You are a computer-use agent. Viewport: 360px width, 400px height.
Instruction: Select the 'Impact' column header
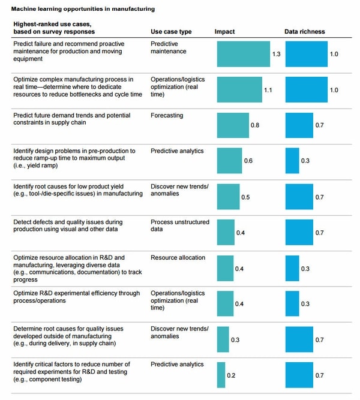[225, 31]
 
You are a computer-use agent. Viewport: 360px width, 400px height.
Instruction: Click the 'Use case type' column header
[171, 31]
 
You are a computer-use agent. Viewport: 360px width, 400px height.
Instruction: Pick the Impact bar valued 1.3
[243, 54]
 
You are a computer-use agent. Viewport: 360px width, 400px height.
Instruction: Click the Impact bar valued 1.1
[239, 89]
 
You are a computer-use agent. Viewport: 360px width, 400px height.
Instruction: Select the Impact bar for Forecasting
[233, 125]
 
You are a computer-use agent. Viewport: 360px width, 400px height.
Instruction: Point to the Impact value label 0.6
[248, 161]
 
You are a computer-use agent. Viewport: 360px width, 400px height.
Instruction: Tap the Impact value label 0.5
[245, 197]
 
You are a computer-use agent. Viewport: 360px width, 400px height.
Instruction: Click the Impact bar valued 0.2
[221, 375]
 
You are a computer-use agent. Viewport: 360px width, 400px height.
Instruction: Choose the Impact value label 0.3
[235, 340]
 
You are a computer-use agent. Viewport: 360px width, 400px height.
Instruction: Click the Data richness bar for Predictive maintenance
[306, 54]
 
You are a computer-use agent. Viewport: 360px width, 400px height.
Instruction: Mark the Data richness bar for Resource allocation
[292, 268]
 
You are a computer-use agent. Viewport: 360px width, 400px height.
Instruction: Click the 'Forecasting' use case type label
[167, 115]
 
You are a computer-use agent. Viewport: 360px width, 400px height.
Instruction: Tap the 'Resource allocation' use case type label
[178, 258]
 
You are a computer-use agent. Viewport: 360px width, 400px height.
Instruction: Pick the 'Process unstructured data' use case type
[179, 225]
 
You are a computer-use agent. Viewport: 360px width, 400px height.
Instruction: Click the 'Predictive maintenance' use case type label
[169, 47]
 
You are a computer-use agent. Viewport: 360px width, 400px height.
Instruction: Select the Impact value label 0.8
[255, 125]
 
